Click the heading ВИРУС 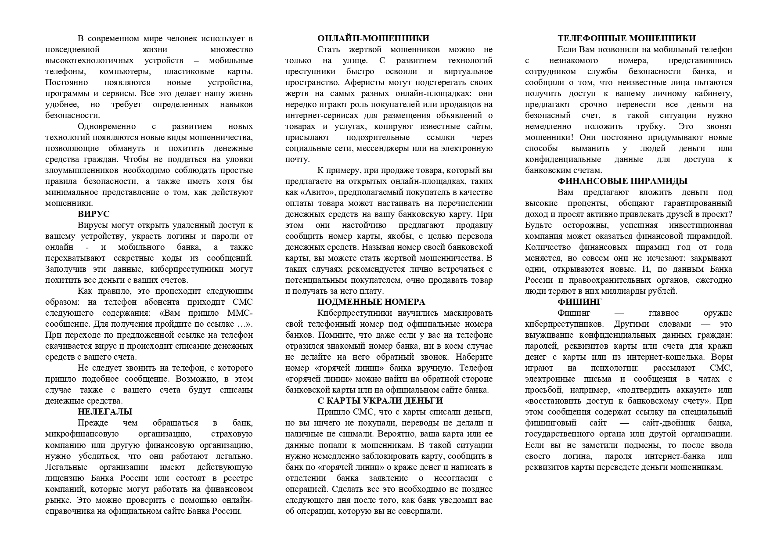[94, 214]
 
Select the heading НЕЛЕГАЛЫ [105, 412]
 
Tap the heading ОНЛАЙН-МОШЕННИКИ [373, 39]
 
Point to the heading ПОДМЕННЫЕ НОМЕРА [371, 302]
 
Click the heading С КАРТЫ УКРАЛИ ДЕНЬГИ [380, 401]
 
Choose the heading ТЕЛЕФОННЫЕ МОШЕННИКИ [626, 39]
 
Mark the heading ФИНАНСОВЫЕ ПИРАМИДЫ [622, 181]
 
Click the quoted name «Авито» [312, 192]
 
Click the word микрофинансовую [82, 434]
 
